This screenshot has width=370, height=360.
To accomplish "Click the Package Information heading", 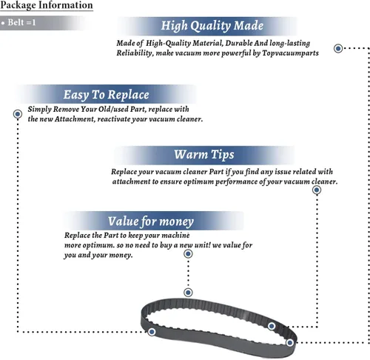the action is (x=47, y=5).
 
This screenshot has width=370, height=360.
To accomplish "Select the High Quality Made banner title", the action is (x=212, y=26).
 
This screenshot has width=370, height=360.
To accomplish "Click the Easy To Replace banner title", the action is (x=107, y=95).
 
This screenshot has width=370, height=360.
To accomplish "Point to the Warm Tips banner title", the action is (x=204, y=155).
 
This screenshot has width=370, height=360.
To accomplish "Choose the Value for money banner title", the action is (x=151, y=221).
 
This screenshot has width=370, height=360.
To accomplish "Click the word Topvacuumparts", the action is (x=290, y=53).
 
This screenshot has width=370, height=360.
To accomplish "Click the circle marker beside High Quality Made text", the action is (x=338, y=48).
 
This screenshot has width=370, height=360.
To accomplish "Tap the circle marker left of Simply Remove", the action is (x=18, y=114).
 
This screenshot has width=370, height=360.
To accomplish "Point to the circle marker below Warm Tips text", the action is (x=317, y=190).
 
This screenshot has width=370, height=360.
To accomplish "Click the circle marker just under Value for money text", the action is (x=188, y=254).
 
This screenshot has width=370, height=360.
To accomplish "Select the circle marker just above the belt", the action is (x=188, y=293).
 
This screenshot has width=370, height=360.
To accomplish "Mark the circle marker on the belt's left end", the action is (x=152, y=332).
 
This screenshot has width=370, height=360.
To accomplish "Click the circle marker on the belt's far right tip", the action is (x=290, y=343).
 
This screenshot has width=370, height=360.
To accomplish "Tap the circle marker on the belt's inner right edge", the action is (x=272, y=326).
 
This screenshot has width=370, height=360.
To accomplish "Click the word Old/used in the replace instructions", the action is (x=113, y=109).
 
